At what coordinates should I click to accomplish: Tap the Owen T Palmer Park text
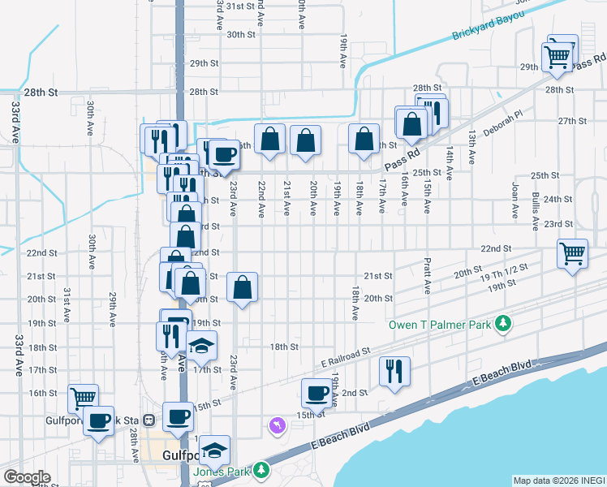pos(441,325)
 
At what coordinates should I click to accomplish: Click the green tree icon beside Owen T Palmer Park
pos(503,324)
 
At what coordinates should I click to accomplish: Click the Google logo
pos(27,477)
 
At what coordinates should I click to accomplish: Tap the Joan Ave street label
pos(514,200)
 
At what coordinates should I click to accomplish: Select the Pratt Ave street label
pos(426,277)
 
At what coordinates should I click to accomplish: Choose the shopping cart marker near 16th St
pos(83,398)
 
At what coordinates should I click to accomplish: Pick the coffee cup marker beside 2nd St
pos(317,393)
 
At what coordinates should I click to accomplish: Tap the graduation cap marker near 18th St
pos(202,346)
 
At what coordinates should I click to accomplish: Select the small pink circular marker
pos(278,425)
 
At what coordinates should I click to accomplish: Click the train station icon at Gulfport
pos(149,420)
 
